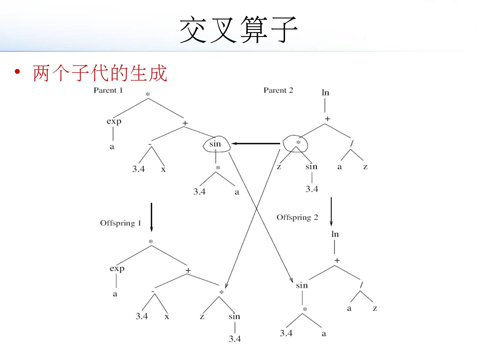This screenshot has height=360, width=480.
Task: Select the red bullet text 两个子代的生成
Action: pos(99,73)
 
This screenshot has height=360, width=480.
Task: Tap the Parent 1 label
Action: pos(108,90)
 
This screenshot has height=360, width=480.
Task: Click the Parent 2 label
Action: pos(278,90)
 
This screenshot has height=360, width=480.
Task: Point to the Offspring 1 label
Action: pos(121,223)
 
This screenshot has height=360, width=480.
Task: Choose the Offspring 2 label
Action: pos(297,218)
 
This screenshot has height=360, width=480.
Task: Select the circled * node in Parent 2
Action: pos(298,143)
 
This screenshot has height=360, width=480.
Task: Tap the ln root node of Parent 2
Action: pos(325,92)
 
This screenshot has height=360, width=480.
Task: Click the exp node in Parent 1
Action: pos(114,121)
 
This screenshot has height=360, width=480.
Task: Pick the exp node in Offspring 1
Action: pos(117,269)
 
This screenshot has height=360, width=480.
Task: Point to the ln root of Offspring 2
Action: pos(335,234)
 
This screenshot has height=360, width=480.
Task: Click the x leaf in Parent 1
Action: pos(163,169)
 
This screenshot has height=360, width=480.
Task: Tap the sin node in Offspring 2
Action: pos(302,285)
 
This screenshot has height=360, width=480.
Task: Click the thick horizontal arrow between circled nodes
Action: pos(256,143)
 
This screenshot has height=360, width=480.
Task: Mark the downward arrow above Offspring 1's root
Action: pos(151,217)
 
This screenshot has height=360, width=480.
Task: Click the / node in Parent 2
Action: pos(351,143)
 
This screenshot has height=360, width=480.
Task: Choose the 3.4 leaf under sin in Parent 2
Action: pos(312,189)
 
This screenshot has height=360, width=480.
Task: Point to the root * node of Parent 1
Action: pos(148,95)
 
